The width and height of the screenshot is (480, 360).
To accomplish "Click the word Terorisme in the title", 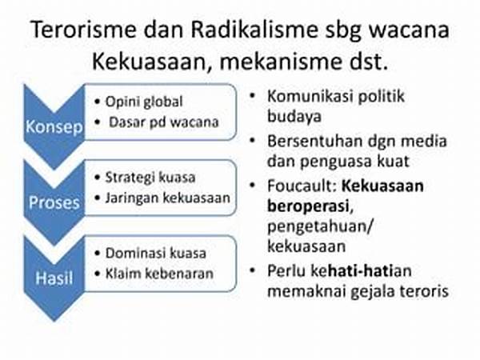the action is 83,30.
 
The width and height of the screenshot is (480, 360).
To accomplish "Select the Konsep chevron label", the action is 54,126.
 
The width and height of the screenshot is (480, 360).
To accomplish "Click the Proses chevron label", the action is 54,202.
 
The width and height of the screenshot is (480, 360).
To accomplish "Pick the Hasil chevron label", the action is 54,278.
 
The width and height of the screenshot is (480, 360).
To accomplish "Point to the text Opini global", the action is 144,102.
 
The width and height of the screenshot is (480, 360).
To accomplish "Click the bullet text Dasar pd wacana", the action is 164,122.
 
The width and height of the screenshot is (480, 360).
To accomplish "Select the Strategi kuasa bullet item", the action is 150,178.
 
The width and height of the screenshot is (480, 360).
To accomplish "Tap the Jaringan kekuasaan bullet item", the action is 168,198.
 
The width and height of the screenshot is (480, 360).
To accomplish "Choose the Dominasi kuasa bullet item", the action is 156,253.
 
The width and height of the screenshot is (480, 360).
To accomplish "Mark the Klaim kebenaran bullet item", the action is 159,274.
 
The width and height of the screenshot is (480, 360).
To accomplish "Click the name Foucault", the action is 302,186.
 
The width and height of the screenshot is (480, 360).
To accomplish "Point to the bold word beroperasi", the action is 309,206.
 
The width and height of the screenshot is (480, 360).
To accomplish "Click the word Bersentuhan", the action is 315,141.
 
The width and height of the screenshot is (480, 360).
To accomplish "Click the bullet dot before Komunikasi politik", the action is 253,96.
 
